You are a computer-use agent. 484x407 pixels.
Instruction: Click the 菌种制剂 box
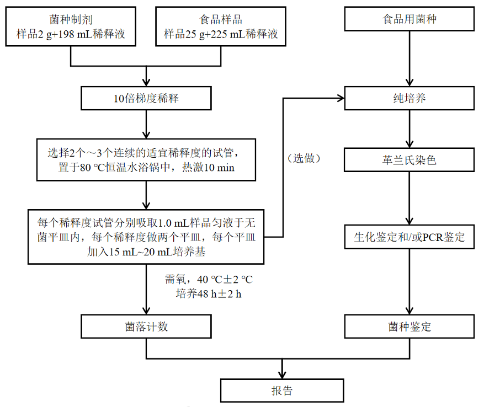coord(71,26)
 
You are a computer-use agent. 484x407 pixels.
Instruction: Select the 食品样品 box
coord(221,26)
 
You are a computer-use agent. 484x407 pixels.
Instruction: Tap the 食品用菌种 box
coord(409,19)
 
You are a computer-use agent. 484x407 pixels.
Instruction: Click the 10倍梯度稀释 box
coord(146,99)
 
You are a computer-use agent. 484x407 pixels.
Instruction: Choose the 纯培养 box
coord(409,99)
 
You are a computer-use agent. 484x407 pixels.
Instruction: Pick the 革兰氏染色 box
coord(409,160)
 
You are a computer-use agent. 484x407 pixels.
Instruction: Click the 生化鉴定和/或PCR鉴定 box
coord(409,238)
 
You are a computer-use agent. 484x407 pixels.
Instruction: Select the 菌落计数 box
coord(146,326)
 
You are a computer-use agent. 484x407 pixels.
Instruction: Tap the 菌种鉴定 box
coord(409,326)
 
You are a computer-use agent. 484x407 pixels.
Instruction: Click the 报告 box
coord(282,390)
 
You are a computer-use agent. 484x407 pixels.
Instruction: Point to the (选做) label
coord(304,158)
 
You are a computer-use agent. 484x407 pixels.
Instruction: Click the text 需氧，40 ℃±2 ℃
coord(209,280)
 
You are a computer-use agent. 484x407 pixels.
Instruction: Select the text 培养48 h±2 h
coord(209,294)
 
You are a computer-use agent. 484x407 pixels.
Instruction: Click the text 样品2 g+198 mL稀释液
coord(71,35)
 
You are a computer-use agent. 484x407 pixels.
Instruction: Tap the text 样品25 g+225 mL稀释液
coord(221,35)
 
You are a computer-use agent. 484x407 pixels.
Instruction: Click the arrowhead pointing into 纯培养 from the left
coord(341,99)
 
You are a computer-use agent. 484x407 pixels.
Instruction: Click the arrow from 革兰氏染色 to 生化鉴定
coord(409,198)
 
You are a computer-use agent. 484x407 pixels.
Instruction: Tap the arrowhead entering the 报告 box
coord(282,375)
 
